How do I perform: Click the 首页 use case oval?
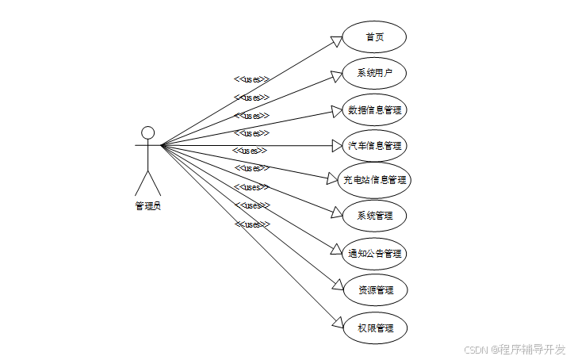click(x=374, y=37)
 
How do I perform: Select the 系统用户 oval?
click(x=374, y=74)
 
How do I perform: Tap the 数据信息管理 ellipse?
click(x=374, y=109)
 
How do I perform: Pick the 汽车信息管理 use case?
click(x=374, y=146)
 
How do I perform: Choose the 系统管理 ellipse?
click(x=374, y=216)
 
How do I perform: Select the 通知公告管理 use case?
click(x=374, y=254)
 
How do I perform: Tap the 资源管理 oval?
click(x=374, y=289)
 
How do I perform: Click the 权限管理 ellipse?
click(x=374, y=327)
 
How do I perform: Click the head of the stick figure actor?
click(x=147, y=132)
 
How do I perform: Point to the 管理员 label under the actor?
click(x=147, y=206)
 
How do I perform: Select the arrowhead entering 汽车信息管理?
click(x=337, y=146)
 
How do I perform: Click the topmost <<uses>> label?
click(x=251, y=79)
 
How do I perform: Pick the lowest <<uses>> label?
click(x=252, y=224)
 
